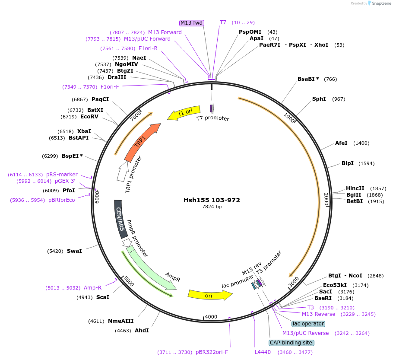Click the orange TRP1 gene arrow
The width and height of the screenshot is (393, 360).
(141, 142)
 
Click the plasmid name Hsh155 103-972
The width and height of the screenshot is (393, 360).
(212, 200)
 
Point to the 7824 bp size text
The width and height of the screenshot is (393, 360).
(212, 207)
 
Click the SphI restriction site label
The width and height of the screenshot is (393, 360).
(319, 99)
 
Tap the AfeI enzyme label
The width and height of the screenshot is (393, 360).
(341, 143)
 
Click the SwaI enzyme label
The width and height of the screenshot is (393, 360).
(74, 251)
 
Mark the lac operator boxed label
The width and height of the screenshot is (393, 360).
(308, 323)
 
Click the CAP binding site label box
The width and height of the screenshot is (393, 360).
(291, 343)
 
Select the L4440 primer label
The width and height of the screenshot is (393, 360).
(263, 352)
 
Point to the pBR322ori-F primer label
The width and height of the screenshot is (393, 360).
(212, 352)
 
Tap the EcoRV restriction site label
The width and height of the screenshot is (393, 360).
(90, 116)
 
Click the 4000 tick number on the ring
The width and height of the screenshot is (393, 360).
(211, 317)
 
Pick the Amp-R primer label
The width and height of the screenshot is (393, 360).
(93, 288)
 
